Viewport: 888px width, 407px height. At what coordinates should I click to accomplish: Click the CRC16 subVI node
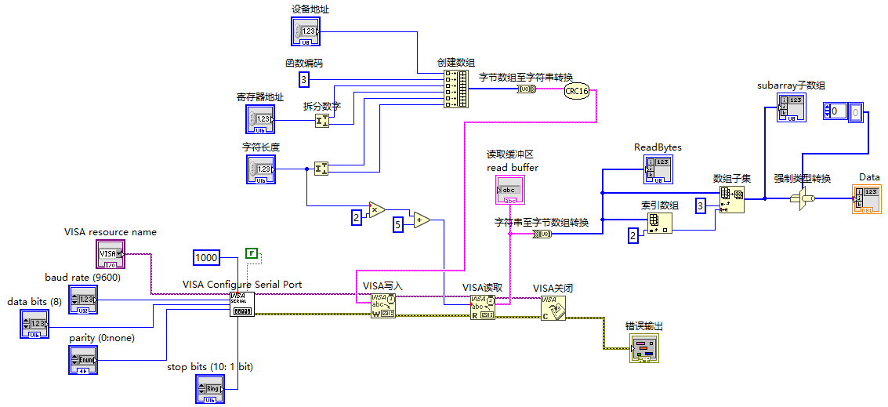[x=576, y=90]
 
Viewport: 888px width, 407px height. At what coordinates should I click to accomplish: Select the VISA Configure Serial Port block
[x=242, y=304]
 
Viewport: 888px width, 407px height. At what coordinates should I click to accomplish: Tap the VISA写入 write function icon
[x=382, y=306]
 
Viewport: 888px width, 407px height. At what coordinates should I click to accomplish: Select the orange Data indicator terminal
[x=866, y=199]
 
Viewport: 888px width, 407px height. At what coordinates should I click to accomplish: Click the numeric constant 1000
[x=206, y=257]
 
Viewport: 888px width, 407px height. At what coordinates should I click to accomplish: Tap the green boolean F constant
[x=251, y=253]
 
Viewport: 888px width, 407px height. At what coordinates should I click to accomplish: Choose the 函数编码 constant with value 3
[x=304, y=79]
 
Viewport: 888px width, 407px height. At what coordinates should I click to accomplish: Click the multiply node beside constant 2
[x=376, y=209]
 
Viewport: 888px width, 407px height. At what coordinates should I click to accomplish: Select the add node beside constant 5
[x=421, y=220]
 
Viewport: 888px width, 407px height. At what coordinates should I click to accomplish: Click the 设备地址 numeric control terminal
[x=306, y=31]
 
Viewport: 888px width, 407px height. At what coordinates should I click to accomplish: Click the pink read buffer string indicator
[x=509, y=191]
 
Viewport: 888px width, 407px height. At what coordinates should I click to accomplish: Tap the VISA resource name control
[x=111, y=253]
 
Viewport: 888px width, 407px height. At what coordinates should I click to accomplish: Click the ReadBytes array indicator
[x=658, y=169]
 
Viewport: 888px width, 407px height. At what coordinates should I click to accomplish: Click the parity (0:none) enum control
[x=84, y=360]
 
